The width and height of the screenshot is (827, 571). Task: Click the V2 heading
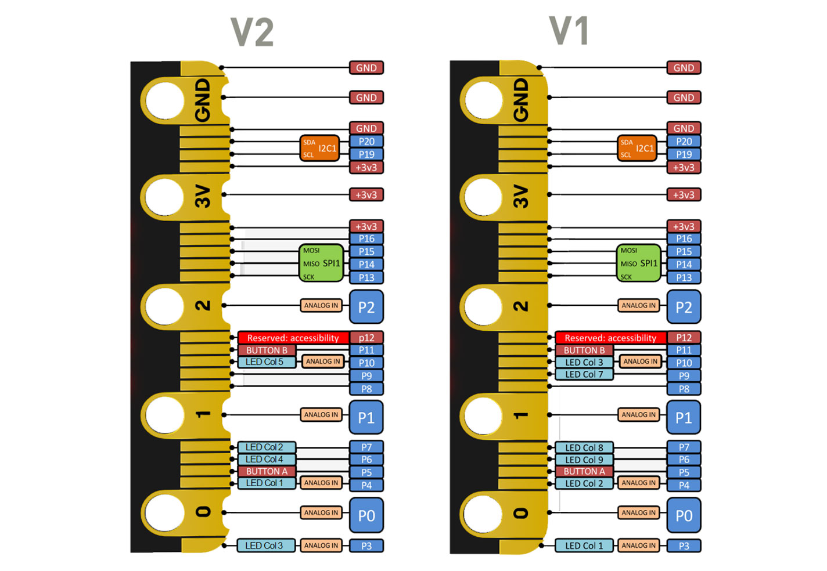point(252,32)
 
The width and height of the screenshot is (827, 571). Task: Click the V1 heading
point(569,31)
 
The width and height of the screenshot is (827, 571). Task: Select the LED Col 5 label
point(265,362)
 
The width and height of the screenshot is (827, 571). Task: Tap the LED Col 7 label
point(584,375)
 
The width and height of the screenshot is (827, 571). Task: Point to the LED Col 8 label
point(584,447)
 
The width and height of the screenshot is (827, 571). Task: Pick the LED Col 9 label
point(584,460)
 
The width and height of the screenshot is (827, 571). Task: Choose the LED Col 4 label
point(265,460)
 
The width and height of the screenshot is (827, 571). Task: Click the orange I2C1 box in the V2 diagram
point(320,149)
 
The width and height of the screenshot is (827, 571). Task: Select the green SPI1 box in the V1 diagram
point(638,263)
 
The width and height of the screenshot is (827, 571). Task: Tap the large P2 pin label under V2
point(366,307)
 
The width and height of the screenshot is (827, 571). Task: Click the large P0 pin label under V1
point(684,515)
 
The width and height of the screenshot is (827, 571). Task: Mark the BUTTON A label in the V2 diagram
point(267,472)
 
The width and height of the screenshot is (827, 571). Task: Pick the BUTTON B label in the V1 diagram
point(584,350)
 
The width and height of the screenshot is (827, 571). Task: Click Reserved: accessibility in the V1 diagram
point(610,338)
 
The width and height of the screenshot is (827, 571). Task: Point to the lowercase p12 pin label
point(366,338)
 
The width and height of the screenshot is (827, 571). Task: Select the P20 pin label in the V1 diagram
point(684,142)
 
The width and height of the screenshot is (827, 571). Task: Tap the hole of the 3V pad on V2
point(164,197)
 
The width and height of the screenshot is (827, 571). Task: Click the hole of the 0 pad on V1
point(483,513)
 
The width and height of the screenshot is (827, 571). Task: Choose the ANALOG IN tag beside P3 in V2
point(321,545)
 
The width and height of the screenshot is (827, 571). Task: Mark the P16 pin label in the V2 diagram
point(366,238)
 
